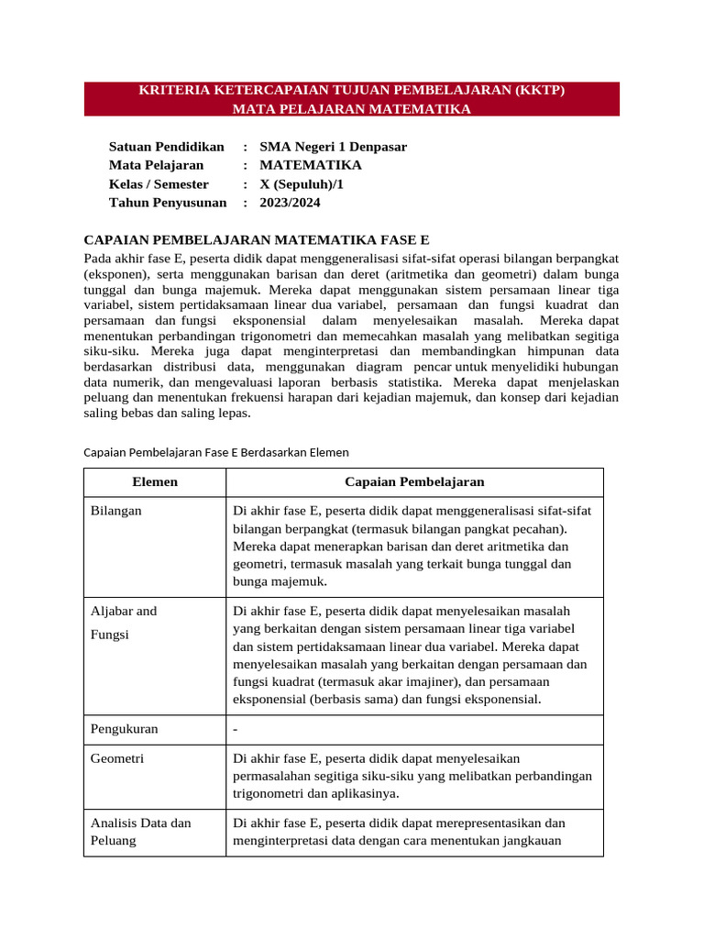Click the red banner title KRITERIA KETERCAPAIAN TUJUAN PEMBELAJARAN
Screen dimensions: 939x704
click(351, 90)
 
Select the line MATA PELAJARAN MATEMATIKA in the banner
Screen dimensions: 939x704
click(351, 109)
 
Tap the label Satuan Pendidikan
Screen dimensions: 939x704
click(167, 147)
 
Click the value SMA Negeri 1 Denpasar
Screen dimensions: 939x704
click(334, 147)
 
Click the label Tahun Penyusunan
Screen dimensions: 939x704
click(168, 203)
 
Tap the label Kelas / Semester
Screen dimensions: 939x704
click(159, 184)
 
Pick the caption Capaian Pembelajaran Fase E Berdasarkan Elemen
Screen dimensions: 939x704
click(216, 452)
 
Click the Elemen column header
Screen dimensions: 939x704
click(155, 482)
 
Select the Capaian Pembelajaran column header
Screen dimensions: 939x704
click(414, 482)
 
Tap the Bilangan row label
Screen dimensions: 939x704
click(116, 511)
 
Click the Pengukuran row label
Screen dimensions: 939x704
click(125, 729)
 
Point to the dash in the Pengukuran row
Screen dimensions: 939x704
click(236, 729)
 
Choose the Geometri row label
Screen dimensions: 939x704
click(117, 758)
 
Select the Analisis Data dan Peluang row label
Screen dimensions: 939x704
click(141, 831)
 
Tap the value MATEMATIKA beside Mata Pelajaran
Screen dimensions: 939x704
click(311, 165)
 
